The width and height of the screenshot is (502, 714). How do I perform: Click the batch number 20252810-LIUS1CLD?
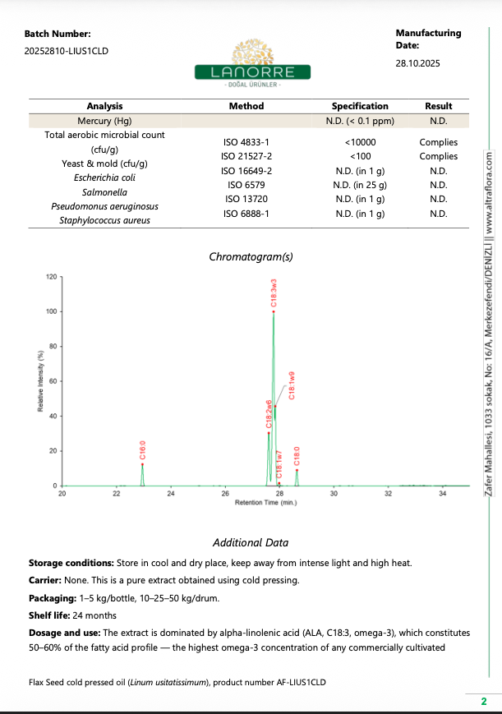pyautogui.click(x=67, y=51)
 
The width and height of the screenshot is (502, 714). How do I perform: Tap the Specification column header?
pyautogui.click(x=360, y=106)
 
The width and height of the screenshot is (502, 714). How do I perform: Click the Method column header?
pyautogui.click(x=246, y=106)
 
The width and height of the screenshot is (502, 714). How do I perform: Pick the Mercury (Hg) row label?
pyautogui.click(x=104, y=120)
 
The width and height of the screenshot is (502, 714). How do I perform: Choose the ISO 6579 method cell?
pyautogui.click(x=246, y=185)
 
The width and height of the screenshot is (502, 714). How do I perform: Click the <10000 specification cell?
pyautogui.click(x=360, y=142)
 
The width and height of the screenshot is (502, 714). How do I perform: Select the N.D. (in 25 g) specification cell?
pyautogui.click(x=360, y=185)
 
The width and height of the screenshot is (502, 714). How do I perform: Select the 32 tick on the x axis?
pyautogui.click(x=388, y=494)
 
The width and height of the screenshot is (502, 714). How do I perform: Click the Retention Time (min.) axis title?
pyautogui.click(x=265, y=502)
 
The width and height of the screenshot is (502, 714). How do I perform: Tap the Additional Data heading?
pyautogui.click(x=251, y=542)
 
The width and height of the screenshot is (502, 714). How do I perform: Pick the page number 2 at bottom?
pyautogui.click(x=484, y=701)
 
